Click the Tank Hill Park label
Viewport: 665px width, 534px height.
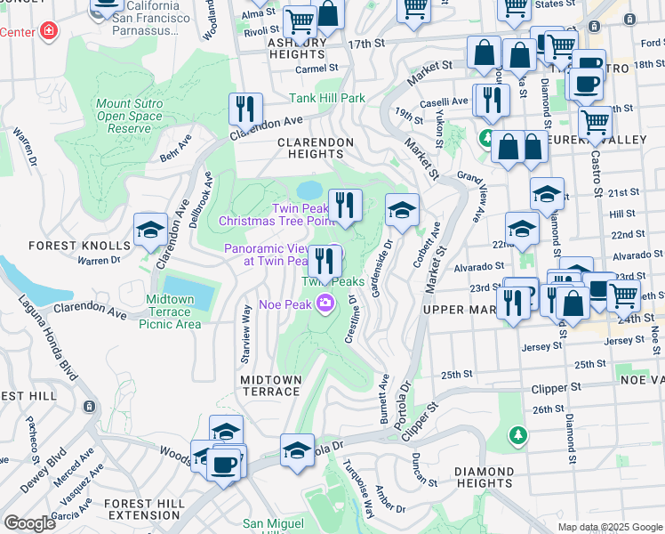[x=327, y=98]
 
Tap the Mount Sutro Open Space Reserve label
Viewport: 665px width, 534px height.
[x=124, y=117]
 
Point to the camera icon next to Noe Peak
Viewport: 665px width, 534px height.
[x=325, y=304]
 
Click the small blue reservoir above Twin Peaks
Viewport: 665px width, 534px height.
[x=308, y=190]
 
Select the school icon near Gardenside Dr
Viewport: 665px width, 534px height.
[x=402, y=210]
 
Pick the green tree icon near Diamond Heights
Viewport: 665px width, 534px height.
[x=517, y=435]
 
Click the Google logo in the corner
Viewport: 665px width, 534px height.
[x=29, y=522]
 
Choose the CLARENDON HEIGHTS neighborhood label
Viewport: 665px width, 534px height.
[x=310, y=148]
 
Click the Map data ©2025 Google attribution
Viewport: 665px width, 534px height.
[x=609, y=527]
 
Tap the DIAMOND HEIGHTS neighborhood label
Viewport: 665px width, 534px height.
[x=484, y=478]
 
